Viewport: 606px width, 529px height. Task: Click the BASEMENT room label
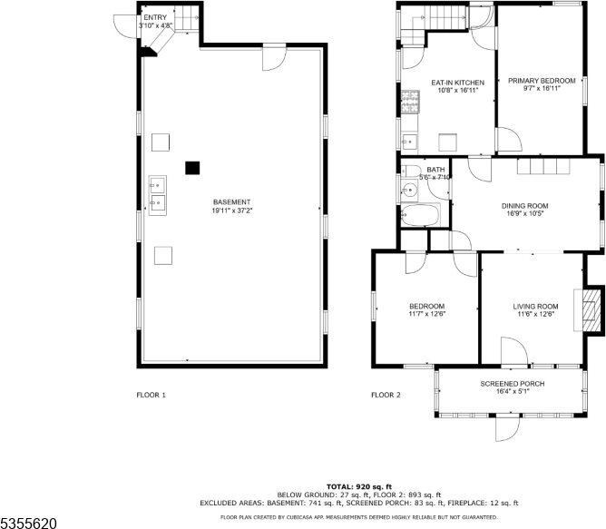point(232,201)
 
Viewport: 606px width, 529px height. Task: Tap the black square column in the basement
point(191,167)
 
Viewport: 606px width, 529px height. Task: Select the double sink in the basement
point(158,192)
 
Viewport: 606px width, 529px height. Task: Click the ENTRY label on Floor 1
point(155,17)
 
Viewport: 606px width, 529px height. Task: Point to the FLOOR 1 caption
point(151,395)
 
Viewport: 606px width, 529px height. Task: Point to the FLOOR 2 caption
point(386,395)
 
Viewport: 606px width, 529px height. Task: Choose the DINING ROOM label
point(525,206)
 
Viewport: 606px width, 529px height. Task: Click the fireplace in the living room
point(591,311)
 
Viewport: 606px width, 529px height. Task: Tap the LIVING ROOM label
point(535,307)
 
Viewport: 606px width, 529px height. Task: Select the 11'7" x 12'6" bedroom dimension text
point(426,314)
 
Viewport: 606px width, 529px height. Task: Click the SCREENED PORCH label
point(513,384)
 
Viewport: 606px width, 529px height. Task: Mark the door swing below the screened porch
point(507,427)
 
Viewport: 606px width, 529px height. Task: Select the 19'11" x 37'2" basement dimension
point(232,211)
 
